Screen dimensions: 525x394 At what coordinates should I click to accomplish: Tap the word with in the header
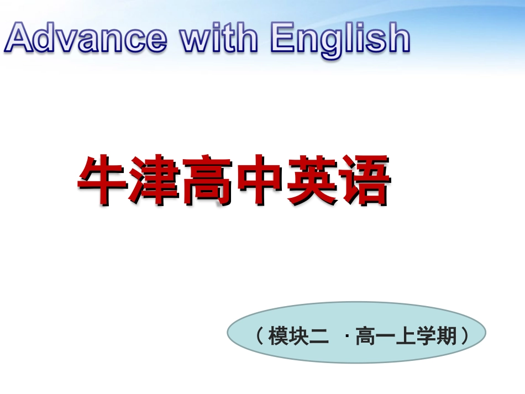coord(219,37)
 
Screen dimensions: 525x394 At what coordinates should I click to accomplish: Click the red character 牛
coord(102,180)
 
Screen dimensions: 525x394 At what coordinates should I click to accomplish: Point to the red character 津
coord(154,180)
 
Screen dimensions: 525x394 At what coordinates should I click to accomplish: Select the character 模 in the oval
coord(279,336)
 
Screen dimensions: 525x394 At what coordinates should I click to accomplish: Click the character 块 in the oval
coord(298,336)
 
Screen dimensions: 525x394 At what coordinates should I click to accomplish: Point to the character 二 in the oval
coord(319,336)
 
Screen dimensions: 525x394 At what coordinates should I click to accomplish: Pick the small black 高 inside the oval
coord(365,336)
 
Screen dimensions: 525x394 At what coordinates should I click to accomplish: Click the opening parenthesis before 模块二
coord(260,336)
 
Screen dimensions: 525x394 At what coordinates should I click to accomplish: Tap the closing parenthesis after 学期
coord(465,336)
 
